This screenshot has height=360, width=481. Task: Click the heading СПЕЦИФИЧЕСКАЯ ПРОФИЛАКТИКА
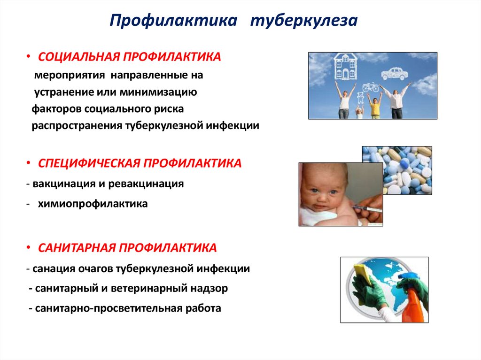(140, 163)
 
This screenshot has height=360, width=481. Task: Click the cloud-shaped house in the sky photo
(345, 67)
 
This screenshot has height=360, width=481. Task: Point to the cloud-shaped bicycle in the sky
(370, 87)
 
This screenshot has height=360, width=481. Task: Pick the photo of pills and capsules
(396, 170)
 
